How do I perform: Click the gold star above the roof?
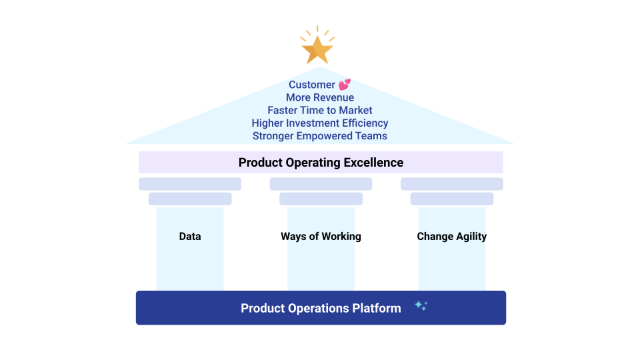tap(317, 50)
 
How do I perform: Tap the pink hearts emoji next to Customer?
tap(345, 85)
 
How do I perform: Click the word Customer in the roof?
tap(312, 85)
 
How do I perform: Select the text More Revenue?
tap(320, 97)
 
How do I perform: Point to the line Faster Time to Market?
tap(320, 110)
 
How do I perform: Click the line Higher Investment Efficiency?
tap(320, 123)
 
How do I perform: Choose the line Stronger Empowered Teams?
tap(320, 136)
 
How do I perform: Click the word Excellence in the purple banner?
tap(373, 163)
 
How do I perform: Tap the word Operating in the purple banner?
tap(313, 163)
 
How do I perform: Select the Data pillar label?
tap(190, 236)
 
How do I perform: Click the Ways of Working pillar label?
tap(321, 236)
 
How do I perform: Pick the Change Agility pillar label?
tap(452, 236)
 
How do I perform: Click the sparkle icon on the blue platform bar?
tap(421, 306)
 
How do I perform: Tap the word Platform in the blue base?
tap(377, 308)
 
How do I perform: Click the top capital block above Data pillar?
tap(190, 184)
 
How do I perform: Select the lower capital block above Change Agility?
tap(452, 199)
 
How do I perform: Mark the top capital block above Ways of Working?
tap(321, 184)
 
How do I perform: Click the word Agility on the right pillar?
tap(471, 237)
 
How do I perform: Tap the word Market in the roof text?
tap(355, 110)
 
